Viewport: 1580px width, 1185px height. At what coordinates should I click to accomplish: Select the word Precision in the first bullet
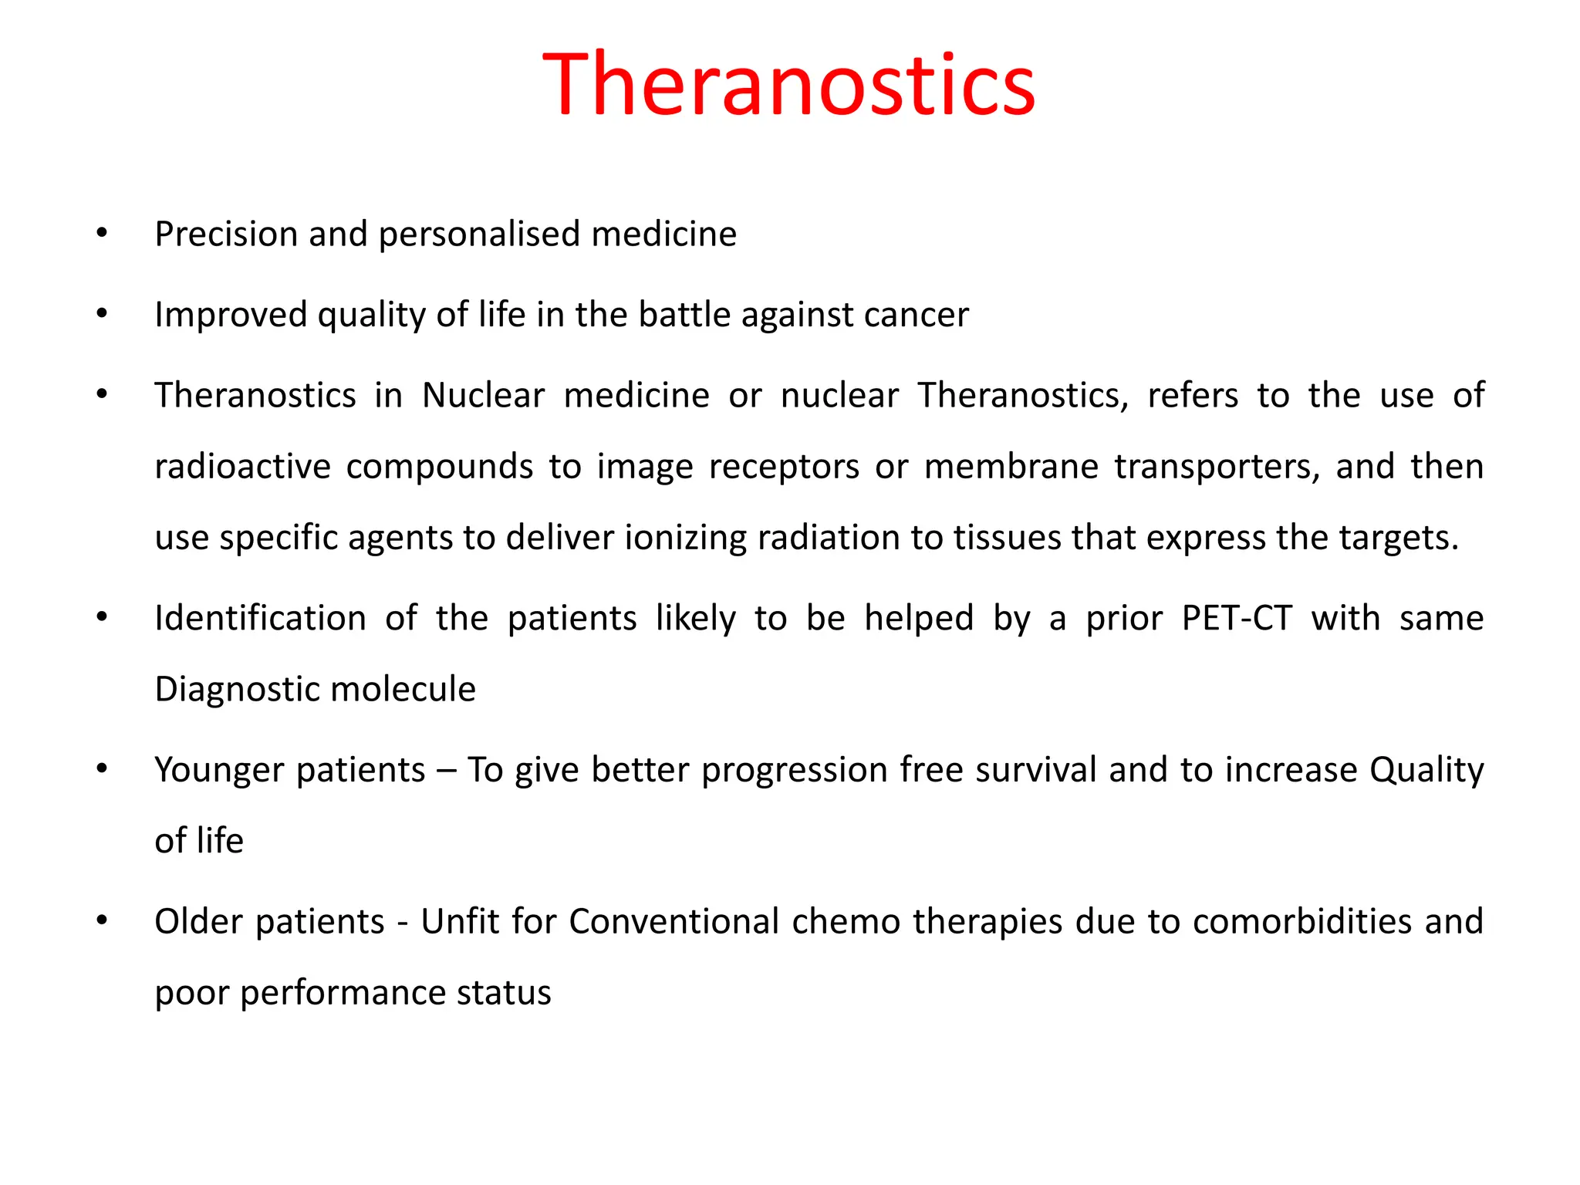[x=225, y=234]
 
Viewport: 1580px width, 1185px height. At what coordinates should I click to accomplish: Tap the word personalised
[x=479, y=234]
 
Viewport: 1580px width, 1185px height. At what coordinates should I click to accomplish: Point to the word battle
[x=684, y=315]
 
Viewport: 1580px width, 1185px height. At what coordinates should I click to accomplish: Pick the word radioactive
[x=242, y=467]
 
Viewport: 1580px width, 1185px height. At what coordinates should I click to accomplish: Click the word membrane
[x=1011, y=467]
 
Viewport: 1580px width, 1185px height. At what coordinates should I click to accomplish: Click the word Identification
[x=260, y=618]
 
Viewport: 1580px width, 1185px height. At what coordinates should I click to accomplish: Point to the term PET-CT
[x=1237, y=618]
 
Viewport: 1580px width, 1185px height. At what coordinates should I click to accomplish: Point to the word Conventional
[x=674, y=921]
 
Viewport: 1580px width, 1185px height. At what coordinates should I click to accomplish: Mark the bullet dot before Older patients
[x=102, y=920]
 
